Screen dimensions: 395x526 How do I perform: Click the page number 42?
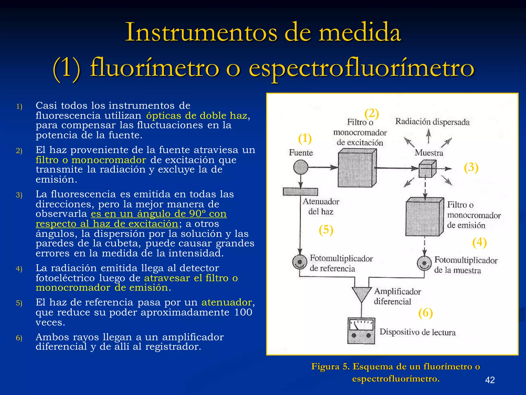pos(490,380)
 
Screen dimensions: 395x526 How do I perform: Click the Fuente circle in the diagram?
pos(300,167)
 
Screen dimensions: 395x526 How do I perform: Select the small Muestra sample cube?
pos(427,169)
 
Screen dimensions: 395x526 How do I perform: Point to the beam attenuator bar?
pos(300,192)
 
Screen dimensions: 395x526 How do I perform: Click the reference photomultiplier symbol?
pos(300,262)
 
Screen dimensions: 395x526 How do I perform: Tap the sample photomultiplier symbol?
pos(424,263)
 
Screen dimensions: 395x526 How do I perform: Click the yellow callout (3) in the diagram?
pos(471,167)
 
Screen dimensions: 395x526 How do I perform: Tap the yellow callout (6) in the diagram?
pos(426,313)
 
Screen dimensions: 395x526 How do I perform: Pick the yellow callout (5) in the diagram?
pos(326,230)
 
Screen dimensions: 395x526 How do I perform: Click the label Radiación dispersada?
pos(432,122)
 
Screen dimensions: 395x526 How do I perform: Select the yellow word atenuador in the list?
pos(227,302)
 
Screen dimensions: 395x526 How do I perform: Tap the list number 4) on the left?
pos(19,269)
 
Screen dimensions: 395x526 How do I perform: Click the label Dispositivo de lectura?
pos(418,332)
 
